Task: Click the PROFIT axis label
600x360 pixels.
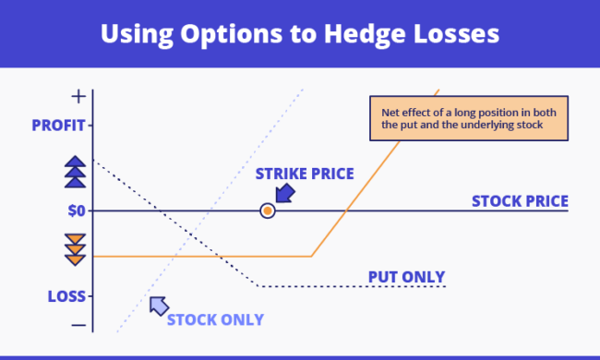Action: [58, 125]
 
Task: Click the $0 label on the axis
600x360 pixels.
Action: [76, 210]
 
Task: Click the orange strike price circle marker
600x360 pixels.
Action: [268, 210]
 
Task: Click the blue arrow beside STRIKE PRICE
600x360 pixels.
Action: [285, 193]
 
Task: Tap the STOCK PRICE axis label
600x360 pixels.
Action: [519, 200]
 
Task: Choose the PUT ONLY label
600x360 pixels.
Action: [406, 277]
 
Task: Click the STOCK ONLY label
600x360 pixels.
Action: [215, 319]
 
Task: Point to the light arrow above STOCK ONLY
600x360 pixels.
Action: [159, 304]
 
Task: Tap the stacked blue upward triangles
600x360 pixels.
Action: [76, 171]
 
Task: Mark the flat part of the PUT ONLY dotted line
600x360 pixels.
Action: [351, 286]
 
